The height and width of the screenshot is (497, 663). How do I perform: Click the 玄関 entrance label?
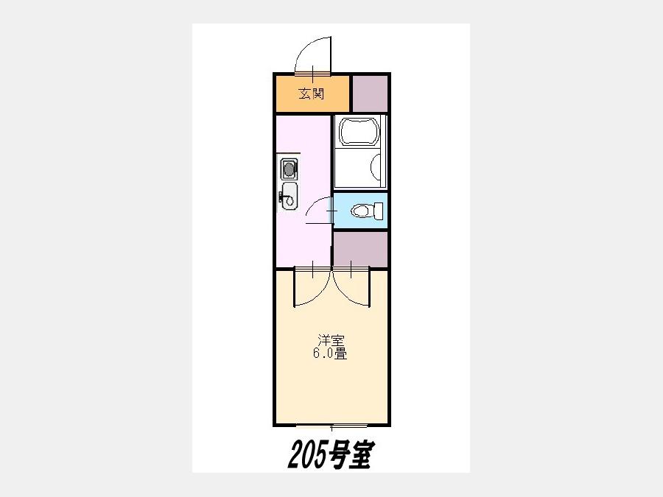(311, 94)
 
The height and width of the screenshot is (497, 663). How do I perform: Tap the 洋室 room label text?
(331, 340)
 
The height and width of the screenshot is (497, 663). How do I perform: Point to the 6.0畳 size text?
(330, 353)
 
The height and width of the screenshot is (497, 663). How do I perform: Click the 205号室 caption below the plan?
(329, 455)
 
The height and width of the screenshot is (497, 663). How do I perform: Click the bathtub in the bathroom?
(359, 133)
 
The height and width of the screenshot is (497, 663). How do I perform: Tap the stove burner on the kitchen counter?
(288, 169)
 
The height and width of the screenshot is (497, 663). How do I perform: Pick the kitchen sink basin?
(289, 196)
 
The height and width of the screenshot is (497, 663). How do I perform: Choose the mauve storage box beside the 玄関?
(370, 94)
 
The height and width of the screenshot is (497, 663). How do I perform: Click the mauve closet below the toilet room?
(360, 250)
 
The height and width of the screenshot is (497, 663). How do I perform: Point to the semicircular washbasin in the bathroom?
(376, 166)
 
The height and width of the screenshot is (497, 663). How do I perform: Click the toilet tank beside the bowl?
(379, 210)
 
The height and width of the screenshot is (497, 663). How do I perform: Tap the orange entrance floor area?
(312, 94)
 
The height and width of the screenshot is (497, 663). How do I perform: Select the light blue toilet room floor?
(360, 211)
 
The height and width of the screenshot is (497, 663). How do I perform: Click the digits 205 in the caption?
(308, 455)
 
